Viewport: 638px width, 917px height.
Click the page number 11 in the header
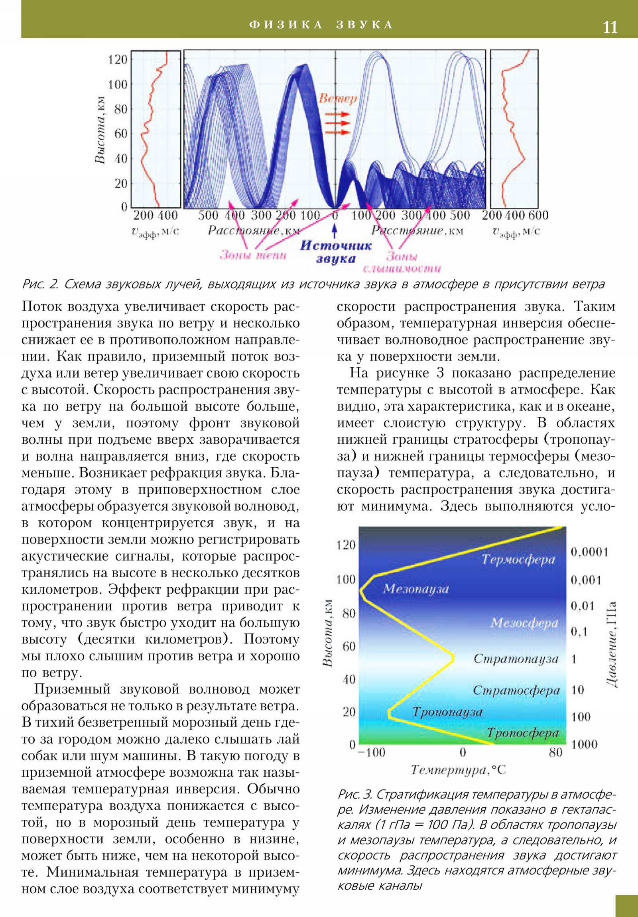pyautogui.click(x=610, y=27)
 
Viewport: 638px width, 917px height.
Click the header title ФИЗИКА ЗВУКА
pyautogui.click(x=322, y=25)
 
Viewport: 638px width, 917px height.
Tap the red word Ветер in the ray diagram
pyautogui.click(x=338, y=98)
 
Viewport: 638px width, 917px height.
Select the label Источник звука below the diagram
pyautogui.click(x=336, y=252)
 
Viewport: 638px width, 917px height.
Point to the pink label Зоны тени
pyautogui.click(x=253, y=255)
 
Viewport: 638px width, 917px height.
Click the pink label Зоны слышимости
pyautogui.click(x=402, y=262)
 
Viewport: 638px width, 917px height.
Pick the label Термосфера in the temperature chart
pyautogui.click(x=518, y=559)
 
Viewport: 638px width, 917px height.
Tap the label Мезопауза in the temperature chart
pyautogui.click(x=416, y=589)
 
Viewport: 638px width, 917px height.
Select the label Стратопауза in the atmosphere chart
pyautogui.click(x=516, y=658)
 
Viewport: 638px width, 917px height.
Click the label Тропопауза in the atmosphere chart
pyautogui.click(x=447, y=712)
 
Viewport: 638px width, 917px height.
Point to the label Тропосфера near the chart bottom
pyautogui.click(x=522, y=733)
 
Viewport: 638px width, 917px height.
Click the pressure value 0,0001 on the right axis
pyautogui.click(x=589, y=552)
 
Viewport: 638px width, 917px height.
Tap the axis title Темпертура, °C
pyautogui.click(x=458, y=769)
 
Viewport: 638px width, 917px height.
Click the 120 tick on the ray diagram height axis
pyautogui.click(x=118, y=59)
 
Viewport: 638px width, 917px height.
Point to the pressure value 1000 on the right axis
pyautogui.click(x=584, y=744)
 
